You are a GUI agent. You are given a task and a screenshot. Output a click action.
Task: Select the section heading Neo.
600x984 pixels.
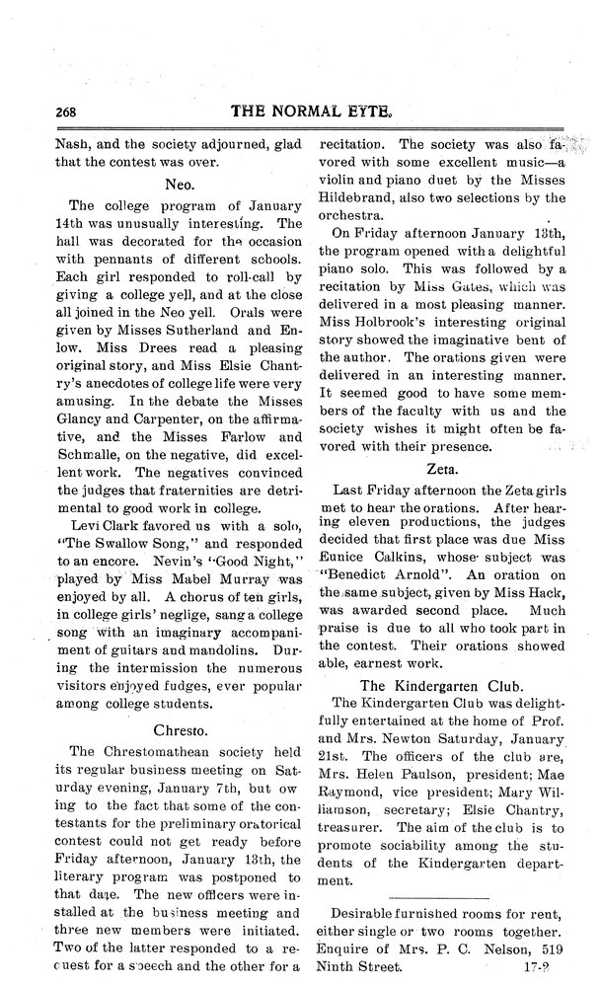click(178, 184)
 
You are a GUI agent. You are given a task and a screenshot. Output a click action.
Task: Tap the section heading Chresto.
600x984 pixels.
click(178, 730)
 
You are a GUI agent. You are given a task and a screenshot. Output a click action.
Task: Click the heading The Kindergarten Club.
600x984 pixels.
click(440, 685)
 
